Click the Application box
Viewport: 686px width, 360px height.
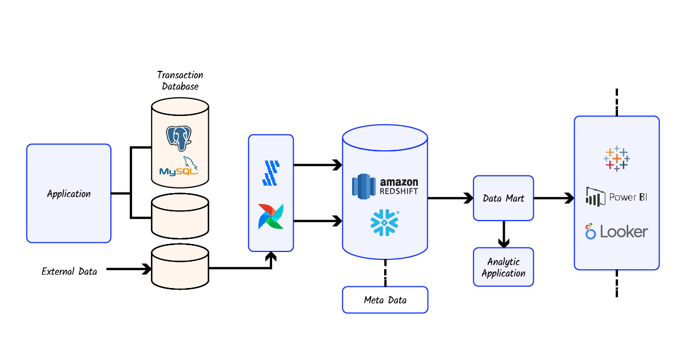(x=69, y=194)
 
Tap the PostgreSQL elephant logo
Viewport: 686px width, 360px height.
(x=179, y=138)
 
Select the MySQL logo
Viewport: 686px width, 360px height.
(x=180, y=167)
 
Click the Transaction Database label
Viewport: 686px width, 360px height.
(x=180, y=81)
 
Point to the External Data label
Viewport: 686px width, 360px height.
(x=69, y=271)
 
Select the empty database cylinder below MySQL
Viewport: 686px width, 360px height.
(x=180, y=215)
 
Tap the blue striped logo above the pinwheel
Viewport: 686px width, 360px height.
(x=271, y=173)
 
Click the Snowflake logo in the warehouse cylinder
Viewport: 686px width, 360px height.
(x=385, y=222)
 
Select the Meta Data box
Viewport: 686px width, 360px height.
(x=385, y=300)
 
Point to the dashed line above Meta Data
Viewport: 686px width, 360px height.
(x=385, y=273)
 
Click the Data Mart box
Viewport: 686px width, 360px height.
(x=503, y=198)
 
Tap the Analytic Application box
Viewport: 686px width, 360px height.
(x=503, y=267)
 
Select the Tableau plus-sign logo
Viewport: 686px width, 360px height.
(x=616, y=158)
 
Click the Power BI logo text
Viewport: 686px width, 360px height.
(x=623, y=197)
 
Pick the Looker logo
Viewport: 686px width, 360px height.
(x=616, y=231)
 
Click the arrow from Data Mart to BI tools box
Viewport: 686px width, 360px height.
(x=553, y=198)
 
